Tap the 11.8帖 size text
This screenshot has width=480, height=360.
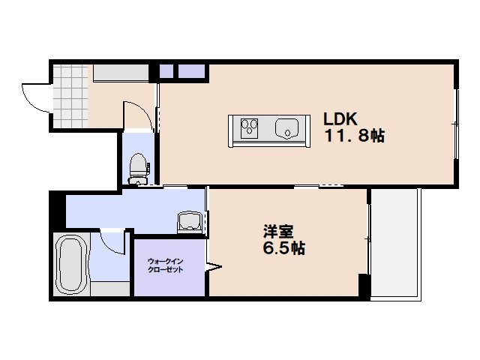coord(354,136)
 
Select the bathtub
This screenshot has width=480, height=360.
coord(71,265)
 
